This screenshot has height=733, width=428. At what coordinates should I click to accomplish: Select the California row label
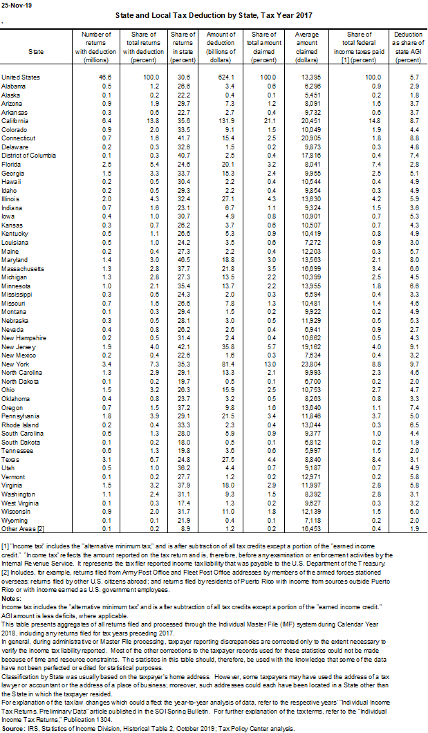tap(15, 120)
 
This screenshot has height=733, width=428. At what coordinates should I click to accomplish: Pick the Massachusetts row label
tap(22, 268)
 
